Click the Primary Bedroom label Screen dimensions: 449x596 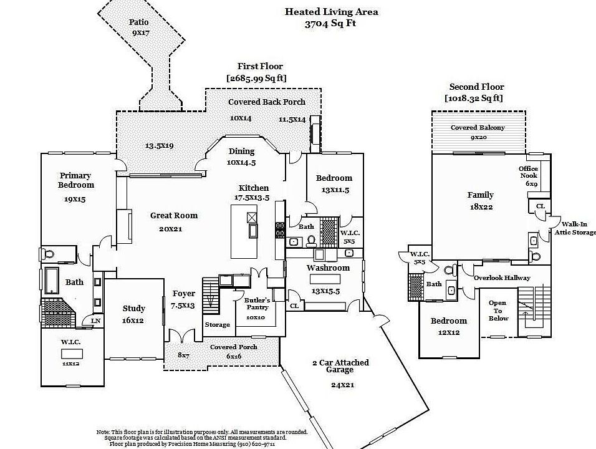coord(75,180)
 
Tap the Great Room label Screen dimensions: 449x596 coord(173,216)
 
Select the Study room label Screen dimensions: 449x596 coord(133,308)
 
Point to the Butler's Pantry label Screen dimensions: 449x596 coord(256,303)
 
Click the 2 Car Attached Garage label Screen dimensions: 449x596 coord(340,366)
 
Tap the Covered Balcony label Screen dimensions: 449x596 coord(478,127)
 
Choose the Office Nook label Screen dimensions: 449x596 coord(528,172)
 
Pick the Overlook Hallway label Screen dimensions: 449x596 coord(502,278)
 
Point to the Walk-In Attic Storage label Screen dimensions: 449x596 coord(575,228)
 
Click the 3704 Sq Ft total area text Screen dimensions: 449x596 coord(331,24)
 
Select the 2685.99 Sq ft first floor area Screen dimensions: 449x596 coord(256,78)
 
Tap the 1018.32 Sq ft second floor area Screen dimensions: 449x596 coord(474,99)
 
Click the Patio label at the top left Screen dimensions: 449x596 coord(138,22)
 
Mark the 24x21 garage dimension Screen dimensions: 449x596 coord(342,385)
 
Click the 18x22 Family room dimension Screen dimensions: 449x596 coord(480,207)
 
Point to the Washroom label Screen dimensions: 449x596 coord(327,268)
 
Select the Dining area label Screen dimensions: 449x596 coord(241,151)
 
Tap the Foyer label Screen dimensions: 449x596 coord(183,294)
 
